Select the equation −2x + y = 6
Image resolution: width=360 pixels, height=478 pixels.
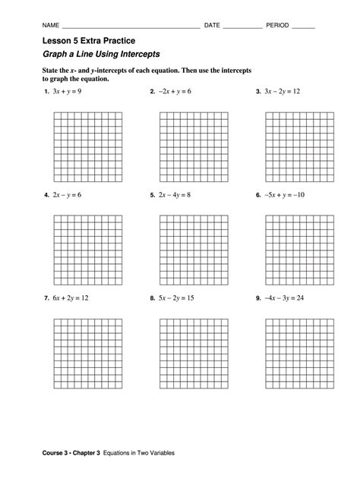tap(175, 92)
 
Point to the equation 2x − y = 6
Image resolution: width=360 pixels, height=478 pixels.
tap(68, 195)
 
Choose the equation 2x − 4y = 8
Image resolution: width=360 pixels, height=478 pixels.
tap(175, 195)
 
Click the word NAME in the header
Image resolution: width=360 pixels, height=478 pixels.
tap(51, 25)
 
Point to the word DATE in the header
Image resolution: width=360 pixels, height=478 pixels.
tap(213, 25)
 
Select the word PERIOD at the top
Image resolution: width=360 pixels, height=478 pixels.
tap(278, 25)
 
